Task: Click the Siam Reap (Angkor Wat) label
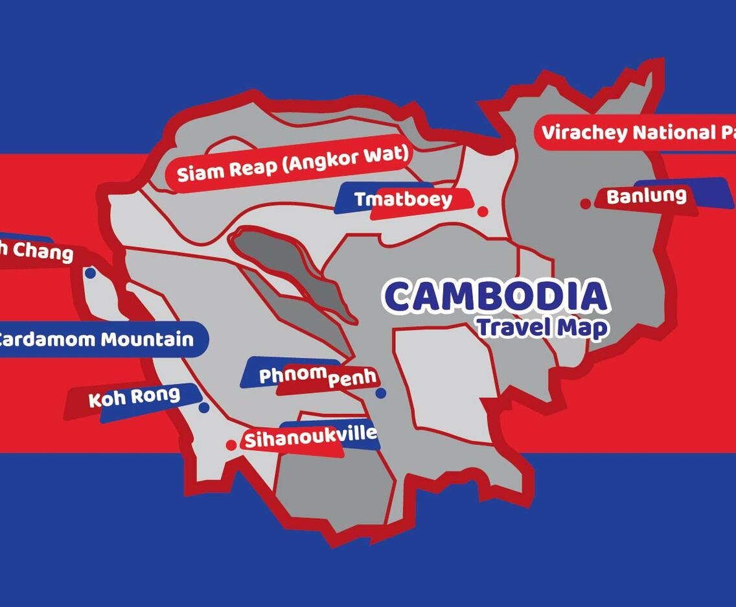293,164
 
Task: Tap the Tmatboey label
402,199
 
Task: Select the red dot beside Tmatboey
483,211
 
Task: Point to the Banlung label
646,196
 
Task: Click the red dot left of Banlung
586,204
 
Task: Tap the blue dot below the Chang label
90,273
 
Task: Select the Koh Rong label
134,397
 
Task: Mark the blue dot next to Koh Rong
204,408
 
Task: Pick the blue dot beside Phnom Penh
381,393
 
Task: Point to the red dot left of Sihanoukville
231,445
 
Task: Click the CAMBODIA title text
496,296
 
